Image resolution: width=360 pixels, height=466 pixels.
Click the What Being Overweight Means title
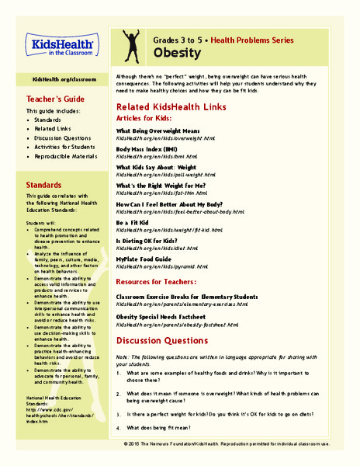click(164, 130)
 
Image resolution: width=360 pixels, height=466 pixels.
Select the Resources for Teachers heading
click(167, 280)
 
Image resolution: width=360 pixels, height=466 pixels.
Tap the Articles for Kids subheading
click(147, 118)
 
